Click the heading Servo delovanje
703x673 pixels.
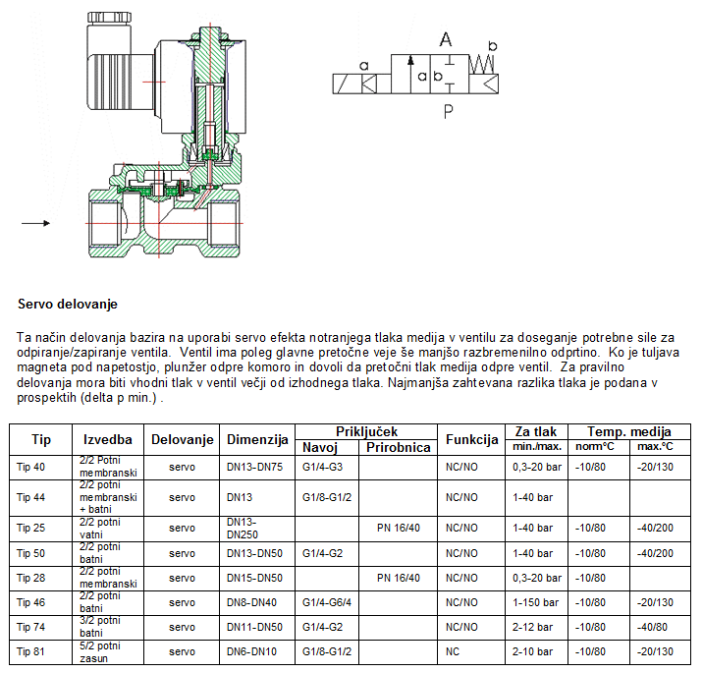[x=68, y=305]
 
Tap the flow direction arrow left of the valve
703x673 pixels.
[x=36, y=223]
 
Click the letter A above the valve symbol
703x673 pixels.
[x=445, y=39]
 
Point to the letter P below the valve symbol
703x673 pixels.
[x=449, y=111]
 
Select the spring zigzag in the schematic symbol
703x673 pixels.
[x=482, y=64]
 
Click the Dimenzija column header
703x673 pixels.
[x=257, y=440]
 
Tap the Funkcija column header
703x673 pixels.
[x=471, y=440]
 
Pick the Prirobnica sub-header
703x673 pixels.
[x=398, y=447]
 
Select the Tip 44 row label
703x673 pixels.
[x=31, y=497]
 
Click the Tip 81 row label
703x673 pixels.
[x=31, y=651]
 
